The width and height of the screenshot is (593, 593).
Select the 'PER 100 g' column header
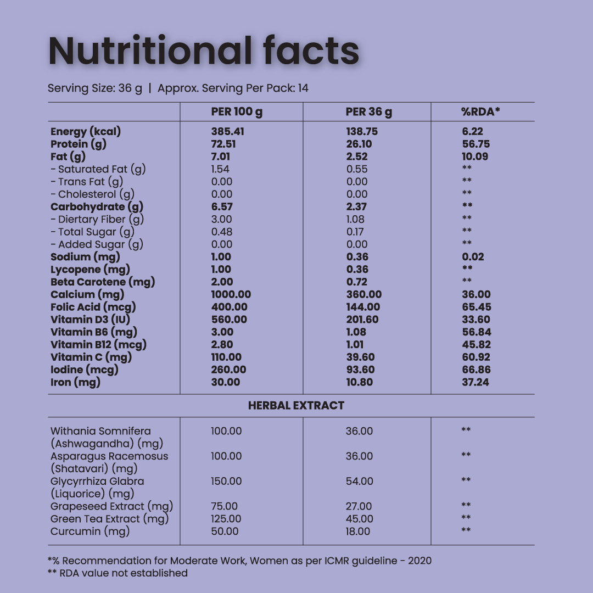click(237, 112)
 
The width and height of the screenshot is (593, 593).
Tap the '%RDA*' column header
click(480, 112)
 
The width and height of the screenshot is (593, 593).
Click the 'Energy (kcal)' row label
click(86, 132)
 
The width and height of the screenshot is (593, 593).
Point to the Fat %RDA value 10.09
click(475, 157)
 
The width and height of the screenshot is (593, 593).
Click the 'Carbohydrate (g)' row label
click(97, 207)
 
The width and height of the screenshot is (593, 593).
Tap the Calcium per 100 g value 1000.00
click(231, 295)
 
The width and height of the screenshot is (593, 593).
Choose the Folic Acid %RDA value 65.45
click(477, 307)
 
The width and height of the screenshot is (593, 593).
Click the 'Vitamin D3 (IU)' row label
click(91, 320)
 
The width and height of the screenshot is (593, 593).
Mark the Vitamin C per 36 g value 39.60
click(360, 357)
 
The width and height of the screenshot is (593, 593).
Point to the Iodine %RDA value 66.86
click(477, 370)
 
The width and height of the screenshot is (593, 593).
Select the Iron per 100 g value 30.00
click(226, 383)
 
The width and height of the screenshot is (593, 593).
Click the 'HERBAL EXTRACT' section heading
click(296, 406)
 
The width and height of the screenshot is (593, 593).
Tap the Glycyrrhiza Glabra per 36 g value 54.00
click(360, 482)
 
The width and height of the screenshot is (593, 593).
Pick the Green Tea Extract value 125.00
click(226, 519)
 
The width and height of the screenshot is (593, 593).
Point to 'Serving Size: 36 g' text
click(95, 88)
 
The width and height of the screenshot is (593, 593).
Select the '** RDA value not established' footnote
click(118, 573)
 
